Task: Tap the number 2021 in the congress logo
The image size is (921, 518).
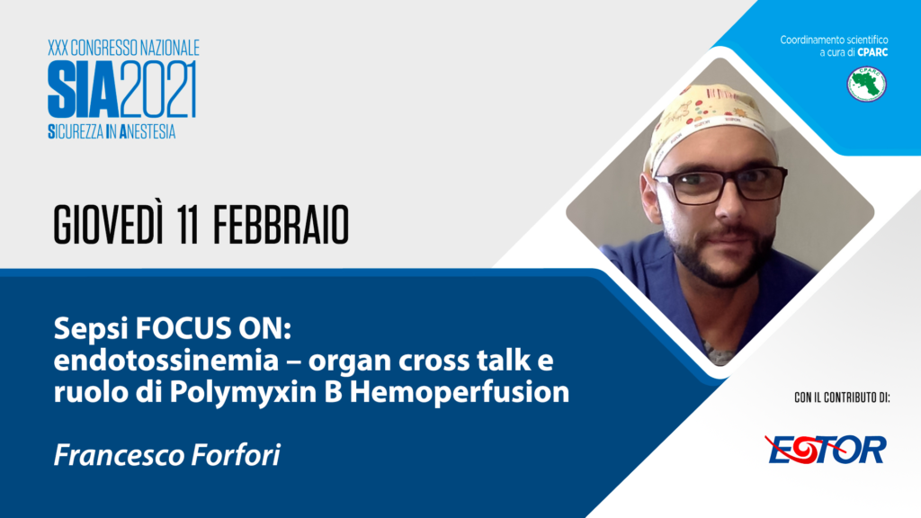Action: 158,89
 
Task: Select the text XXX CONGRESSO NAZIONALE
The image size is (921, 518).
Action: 123,49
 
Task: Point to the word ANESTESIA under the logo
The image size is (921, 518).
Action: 148,131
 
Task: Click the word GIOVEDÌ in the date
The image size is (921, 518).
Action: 108,224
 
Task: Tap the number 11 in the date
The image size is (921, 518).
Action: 189,226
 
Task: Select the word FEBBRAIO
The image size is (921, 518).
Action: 281,226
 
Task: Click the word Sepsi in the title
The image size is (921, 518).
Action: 91,329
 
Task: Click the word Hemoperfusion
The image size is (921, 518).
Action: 460,392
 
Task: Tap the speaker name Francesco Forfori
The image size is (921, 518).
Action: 166,455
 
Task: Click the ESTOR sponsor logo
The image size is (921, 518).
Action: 826,450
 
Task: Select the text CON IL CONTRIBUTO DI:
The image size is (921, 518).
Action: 842,397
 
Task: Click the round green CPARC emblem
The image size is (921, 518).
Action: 866,84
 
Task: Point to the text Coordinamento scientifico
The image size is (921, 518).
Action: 834,40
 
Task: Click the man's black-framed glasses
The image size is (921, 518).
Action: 720,184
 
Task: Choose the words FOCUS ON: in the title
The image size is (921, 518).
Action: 213,328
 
